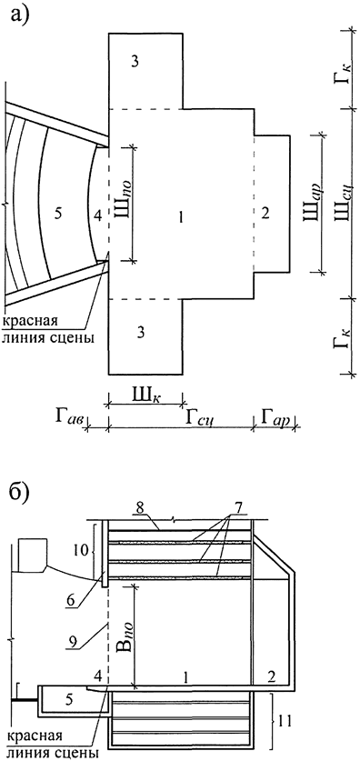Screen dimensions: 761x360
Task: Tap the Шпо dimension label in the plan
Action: click(121, 215)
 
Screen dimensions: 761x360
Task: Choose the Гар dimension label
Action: click(274, 416)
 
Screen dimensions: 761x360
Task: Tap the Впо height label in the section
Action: click(120, 634)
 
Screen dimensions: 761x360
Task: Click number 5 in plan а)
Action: click(58, 214)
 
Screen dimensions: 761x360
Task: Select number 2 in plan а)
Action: click(265, 214)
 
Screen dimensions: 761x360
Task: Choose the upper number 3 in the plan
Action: click(134, 61)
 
